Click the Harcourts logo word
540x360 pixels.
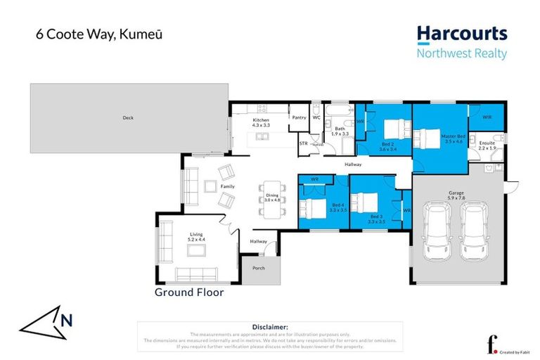(x=461, y=34)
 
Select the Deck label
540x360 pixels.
(x=128, y=118)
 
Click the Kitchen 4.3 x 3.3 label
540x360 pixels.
(x=261, y=123)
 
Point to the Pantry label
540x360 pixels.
(x=300, y=117)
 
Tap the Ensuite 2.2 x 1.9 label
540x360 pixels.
(x=487, y=146)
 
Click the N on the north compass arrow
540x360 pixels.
(x=67, y=320)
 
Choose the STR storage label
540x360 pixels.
(x=304, y=143)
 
